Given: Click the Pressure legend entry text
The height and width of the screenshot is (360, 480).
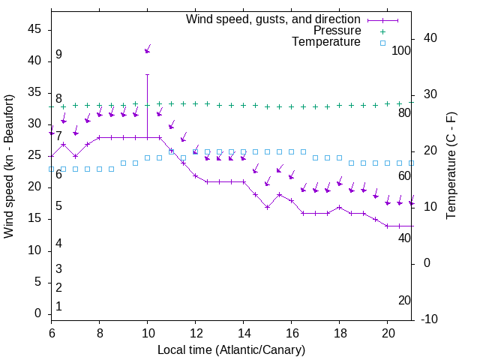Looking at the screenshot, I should (x=337, y=31).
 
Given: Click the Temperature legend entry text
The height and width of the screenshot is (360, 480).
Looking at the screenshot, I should (x=326, y=42).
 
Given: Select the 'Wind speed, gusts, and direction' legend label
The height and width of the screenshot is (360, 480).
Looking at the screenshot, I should (x=274, y=19).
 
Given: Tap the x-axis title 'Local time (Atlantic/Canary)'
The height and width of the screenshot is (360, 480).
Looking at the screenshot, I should (x=232, y=349).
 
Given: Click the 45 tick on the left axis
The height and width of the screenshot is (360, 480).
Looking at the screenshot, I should (x=34, y=28).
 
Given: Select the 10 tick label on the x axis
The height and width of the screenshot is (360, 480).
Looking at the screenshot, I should (x=147, y=332).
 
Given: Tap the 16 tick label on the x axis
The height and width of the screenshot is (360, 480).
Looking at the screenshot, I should (x=292, y=332).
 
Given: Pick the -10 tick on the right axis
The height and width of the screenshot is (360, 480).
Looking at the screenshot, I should (x=430, y=319).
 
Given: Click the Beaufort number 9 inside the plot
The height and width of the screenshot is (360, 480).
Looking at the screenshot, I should (x=58, y=55).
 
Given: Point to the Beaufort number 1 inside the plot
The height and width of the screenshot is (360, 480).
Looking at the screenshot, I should (x=58, y=307).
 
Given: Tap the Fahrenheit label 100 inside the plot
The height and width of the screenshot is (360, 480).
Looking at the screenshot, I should (x=401, y=50).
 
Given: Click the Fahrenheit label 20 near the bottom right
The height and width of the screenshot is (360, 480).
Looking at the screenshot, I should (x=404, y=300).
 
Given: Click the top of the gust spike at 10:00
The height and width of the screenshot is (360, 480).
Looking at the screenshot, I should (x=148, y=74).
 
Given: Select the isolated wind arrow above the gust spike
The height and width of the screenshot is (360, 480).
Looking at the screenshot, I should (x=148, y=49).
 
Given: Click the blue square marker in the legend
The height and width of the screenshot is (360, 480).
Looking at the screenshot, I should (x=382, y=43).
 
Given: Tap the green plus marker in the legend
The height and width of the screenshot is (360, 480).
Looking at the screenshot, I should (x=382, y=31).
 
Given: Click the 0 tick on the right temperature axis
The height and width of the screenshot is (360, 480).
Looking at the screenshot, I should (x=427, y=263).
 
